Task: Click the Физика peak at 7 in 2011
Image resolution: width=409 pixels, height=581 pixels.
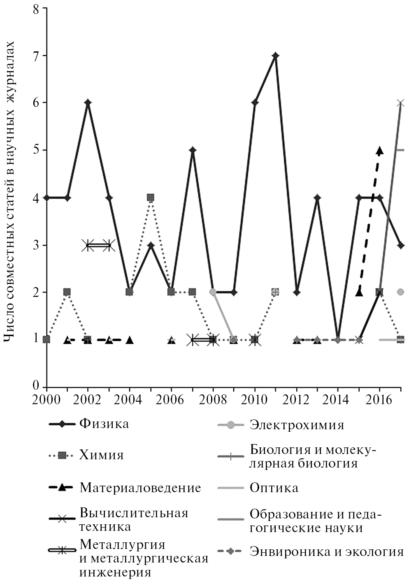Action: click(276, 56)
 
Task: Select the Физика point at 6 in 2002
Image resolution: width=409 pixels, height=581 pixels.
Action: click(88, 102)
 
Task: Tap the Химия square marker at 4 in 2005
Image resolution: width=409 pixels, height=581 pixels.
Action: click(151, 197)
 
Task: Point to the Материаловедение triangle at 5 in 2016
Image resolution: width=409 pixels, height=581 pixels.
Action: click(379, 150)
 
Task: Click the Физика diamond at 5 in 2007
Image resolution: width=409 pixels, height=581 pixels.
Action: click(192, 150)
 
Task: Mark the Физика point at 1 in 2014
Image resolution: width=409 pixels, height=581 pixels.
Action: click(338, 340)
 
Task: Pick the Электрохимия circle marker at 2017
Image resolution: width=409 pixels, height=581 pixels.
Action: click(401, 292)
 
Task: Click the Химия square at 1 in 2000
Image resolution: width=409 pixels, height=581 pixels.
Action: click(46, 340)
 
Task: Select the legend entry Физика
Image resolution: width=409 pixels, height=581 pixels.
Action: click(104, 424)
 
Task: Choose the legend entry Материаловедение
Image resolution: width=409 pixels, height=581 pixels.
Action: click(140, 488)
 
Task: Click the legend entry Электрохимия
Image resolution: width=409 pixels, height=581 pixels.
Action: click(297, 424)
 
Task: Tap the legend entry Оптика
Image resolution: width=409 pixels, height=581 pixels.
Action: click(274, 488)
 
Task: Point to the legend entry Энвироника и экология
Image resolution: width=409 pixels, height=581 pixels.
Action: click(326, 551)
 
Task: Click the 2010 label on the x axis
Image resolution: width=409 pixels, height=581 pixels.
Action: click(255, 400)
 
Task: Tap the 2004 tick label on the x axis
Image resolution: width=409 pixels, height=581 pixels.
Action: click(129, 400)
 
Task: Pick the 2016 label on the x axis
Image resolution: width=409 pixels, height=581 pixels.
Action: click(379, 400)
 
